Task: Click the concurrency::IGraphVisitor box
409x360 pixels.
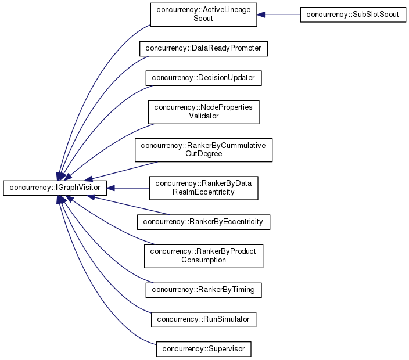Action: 55,188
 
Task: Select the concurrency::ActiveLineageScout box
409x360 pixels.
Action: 203,15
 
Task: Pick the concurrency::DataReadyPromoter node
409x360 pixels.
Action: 203,48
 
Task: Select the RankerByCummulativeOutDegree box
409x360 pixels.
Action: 204,150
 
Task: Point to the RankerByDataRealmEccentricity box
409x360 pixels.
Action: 203,188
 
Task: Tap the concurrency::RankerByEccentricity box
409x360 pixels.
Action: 203,221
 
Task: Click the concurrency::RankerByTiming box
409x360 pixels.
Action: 203,289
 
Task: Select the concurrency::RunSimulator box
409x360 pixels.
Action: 203,319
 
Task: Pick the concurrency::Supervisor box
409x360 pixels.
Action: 203,349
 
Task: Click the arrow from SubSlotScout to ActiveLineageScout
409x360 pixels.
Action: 279,15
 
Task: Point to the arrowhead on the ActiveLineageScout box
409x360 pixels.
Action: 261,15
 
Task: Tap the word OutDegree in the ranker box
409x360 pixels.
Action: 203,154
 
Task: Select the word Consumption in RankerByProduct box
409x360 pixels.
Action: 203,260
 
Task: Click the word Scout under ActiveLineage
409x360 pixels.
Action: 203,19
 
